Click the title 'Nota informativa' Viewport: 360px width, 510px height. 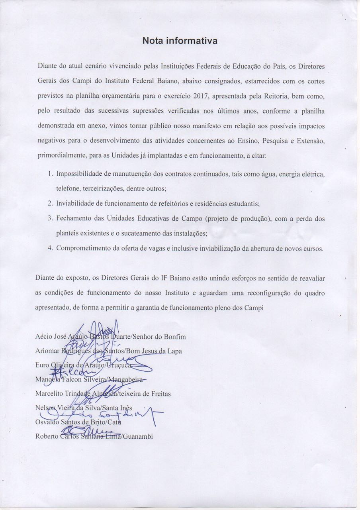coord(180,41)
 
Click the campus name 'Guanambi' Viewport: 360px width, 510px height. coord(138,436)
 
